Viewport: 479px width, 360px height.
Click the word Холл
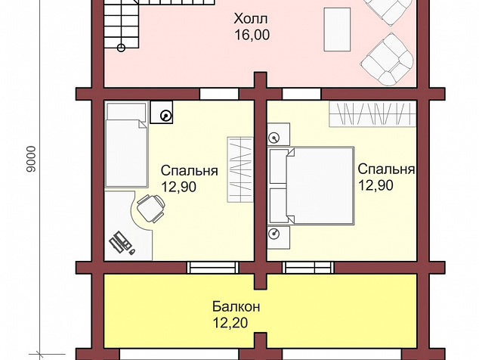pyautogui.click(x=251, y=18)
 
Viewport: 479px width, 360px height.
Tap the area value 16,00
pyautogui.click(x=252, y=35)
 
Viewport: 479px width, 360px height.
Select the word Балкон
pyautogui.click(x=236, y=306)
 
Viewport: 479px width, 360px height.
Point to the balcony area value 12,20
pyautogui.click(x=230, y=323)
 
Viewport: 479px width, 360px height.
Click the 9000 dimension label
pyautogui.click(x=31, y=159)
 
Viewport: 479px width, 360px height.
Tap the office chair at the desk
pyautogui.click(x=151, y=208)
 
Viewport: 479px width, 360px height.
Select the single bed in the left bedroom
pyautogui.click(x=126, y=144)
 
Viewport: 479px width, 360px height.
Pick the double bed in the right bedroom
pyautogui.click(x=311, y=186)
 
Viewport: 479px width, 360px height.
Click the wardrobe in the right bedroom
pyautogui.click(x=372, y=114)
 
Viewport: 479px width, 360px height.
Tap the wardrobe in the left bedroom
pyautogui.click(x=240, y=169)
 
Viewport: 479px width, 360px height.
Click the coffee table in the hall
pyautogui.click(x=337, y=29)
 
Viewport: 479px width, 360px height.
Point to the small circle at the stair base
pyautogui.click(x=122, y=48)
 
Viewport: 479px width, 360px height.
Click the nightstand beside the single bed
pyautogui.click(x=162, y=112)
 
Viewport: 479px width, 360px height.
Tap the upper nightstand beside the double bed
pyautogui.click(x=279, y=134)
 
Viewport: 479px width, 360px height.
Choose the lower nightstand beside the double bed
pyautogui.click(x=279, y=237)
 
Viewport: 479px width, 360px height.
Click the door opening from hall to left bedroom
pyautogui.click(x=219, y=94)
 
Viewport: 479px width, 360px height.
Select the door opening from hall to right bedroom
pyautogui.click(x=301, y=94)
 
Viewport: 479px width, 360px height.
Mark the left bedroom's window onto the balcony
pyautogui.click(x=212, y=267)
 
